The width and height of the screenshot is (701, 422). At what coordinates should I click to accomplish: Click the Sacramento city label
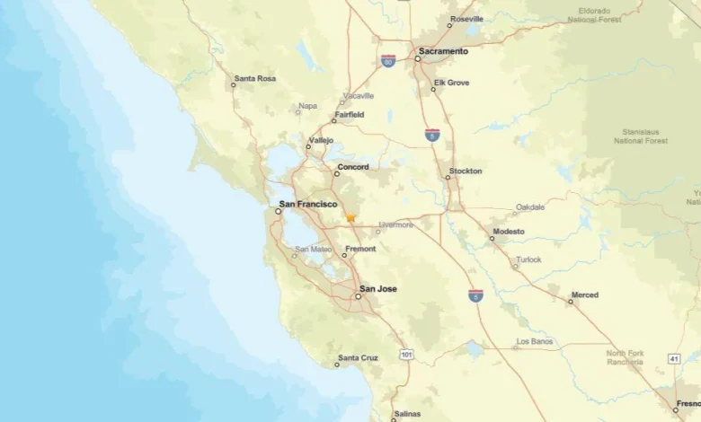tap(443, 51)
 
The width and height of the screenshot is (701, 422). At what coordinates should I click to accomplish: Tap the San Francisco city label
tap(308, 204)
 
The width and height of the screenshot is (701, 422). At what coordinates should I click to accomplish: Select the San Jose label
tap(377, 289)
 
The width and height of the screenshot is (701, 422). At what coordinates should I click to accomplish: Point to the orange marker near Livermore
tap(350, 217)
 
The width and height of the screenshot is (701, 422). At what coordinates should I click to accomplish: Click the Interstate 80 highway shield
tap(388, 61)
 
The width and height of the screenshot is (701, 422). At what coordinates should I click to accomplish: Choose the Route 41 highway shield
tap(674, 358)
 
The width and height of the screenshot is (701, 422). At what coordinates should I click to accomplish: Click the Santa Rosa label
tap(254, 79)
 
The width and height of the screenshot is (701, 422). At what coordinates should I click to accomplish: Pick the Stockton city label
tap(466, 171)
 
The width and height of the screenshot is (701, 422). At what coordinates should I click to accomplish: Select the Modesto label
tap(508, 231)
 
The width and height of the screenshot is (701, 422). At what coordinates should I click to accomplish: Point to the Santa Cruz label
tap(357, 358)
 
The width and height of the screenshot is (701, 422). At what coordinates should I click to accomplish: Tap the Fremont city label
tap(360, 249)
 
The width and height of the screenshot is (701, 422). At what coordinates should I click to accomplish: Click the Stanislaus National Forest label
tap(640, 136)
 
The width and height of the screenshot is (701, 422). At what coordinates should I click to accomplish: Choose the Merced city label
tap(584, 295)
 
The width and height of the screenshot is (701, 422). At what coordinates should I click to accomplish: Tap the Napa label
tap(307, 106)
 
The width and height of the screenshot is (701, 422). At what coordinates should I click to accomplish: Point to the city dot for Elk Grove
tap(433, 89)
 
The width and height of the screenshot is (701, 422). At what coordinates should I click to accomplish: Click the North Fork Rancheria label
tap(625, 357)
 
